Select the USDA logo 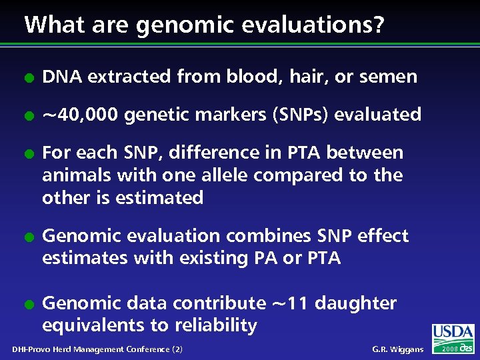[x=453, y=333]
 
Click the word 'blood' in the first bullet [x=251, y=77]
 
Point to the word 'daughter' [x=355, y=303]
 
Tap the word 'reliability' [x=216, y=325]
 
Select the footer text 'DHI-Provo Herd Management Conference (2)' [x=97, y=349]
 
